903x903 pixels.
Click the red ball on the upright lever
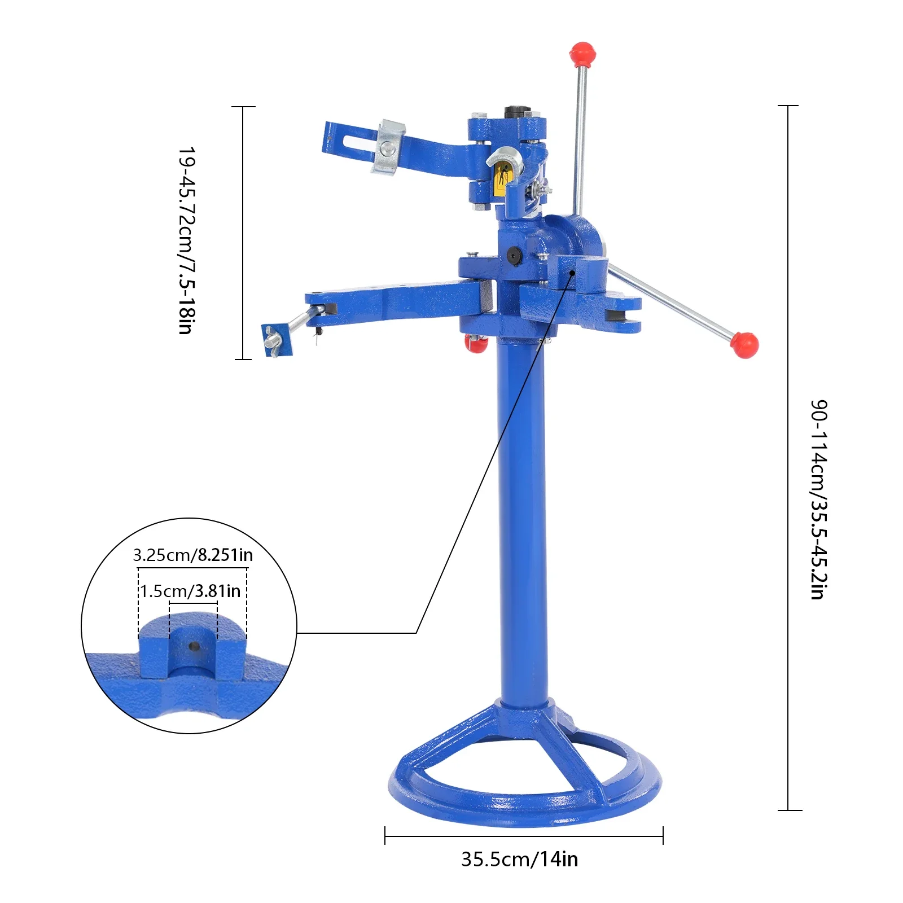click(x=582, y=53)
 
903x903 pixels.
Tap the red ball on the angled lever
click(x=744, y=345)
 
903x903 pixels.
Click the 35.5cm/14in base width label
click(x=519, y=859)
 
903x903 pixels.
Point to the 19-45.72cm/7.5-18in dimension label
click(x=187, y=241)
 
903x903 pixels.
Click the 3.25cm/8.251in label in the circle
click(x=192, y=555)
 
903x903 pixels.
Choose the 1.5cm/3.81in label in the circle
click(x=190, y=591)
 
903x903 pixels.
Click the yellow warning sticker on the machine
click(x=500, y=180)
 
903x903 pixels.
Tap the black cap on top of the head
click(x=515, y=111)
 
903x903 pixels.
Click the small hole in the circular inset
click(x=193, y=646)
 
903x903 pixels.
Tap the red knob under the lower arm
click(x=476, y=343)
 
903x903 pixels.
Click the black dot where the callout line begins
click(x=572, y=273)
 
